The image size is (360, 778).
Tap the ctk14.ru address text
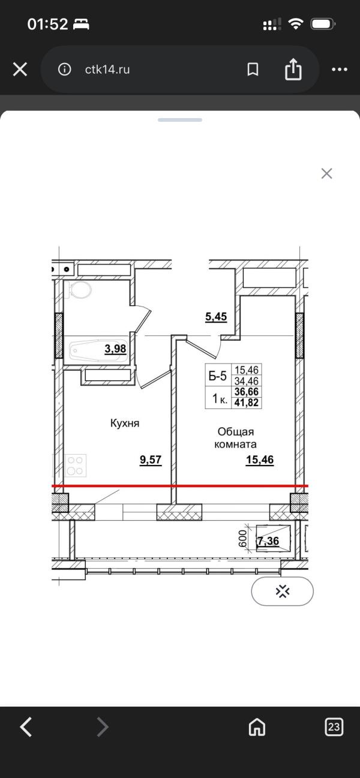(107, 70)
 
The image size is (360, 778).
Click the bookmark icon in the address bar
(253, 69)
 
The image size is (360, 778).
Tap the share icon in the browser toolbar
(293, 69)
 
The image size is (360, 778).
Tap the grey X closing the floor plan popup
(326, 173)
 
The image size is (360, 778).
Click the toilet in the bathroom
(81, 289)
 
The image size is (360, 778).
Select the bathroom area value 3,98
(115, 349)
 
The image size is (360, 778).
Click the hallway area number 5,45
(216, 317)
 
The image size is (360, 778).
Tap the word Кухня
(125, 423)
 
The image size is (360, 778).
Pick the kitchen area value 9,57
(151, 460)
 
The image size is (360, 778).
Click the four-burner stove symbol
(76, 465)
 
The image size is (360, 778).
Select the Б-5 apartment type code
(218, 376)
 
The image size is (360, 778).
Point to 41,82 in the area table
(247, 402)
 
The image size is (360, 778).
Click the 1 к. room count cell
(220, 398)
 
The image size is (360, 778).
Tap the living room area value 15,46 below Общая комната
(260, 460)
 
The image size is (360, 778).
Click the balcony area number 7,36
(268, 541)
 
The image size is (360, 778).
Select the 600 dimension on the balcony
(242, 537)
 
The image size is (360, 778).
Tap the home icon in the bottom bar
(257, 726)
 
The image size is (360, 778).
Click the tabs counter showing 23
(334, 726)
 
